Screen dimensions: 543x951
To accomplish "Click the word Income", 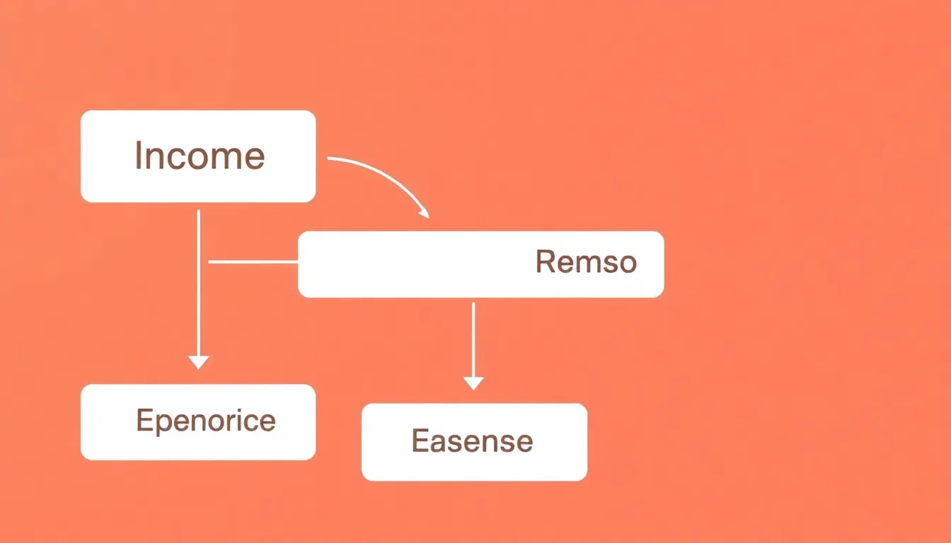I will click(200, 156).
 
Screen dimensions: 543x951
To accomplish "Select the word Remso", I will click(586, 262).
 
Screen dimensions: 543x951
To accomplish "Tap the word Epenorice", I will click(205, 421).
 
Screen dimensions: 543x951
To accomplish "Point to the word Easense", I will click(472, 441).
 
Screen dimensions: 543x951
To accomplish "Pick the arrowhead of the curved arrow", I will click(424, 213).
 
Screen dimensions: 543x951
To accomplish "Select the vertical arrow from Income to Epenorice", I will click(198, 283).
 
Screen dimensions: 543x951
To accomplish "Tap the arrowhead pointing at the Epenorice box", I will click(199, 362).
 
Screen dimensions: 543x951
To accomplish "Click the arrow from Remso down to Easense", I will click(473, 339).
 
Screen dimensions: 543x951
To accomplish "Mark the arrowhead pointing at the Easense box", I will click(473, 383).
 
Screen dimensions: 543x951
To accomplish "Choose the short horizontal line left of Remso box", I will click(253, 262).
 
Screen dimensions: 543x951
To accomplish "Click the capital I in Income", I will click(139, 156).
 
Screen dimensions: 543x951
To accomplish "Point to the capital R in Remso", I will click(544, 262).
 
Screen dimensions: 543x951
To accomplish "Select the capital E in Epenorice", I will click(144, 421).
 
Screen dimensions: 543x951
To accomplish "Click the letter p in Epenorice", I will click(163, 423).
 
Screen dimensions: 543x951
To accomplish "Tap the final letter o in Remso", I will click(628, 264).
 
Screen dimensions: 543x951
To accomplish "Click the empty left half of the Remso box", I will click(389, 264).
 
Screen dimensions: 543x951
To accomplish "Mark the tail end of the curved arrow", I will click(330, 159).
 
